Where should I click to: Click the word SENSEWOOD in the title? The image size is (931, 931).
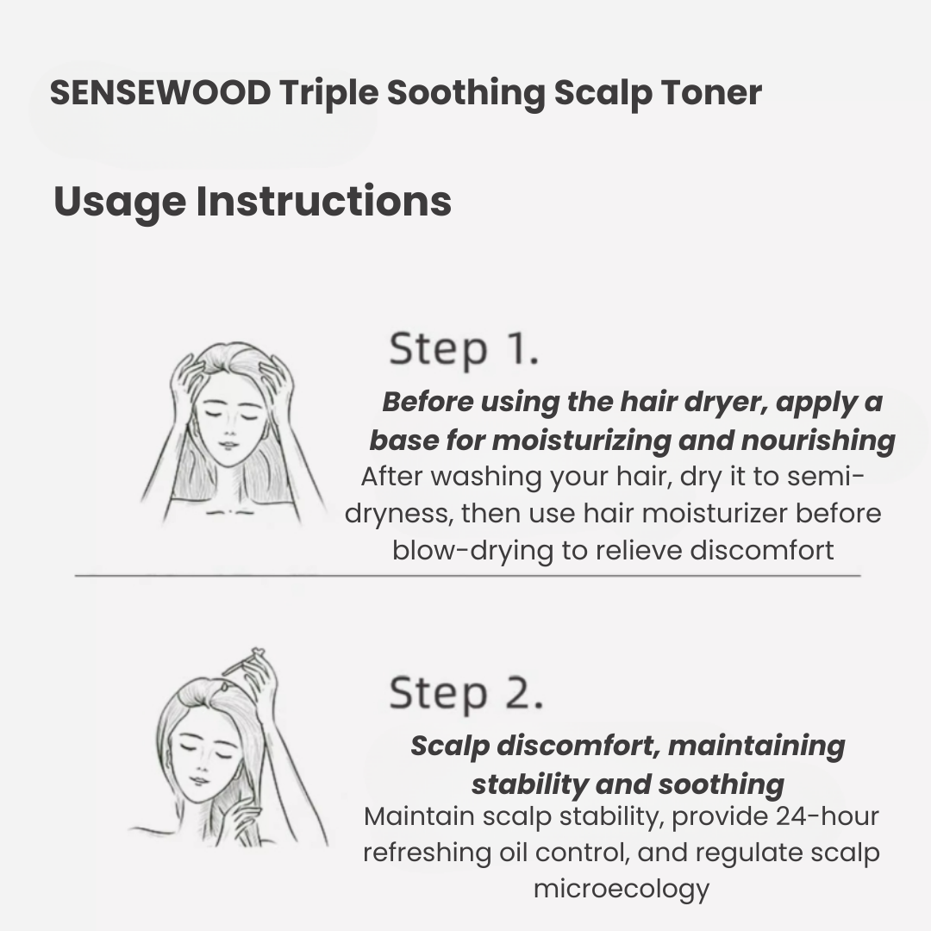[160, 93]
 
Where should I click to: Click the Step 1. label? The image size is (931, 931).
[464, 349]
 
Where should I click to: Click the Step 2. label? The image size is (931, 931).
[465, 694]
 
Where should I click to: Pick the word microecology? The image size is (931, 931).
[621, 889]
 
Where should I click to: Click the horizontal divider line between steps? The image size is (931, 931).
[465, 575]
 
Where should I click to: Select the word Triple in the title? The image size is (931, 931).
[328, 93]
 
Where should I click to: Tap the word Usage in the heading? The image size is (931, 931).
[119, 202]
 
